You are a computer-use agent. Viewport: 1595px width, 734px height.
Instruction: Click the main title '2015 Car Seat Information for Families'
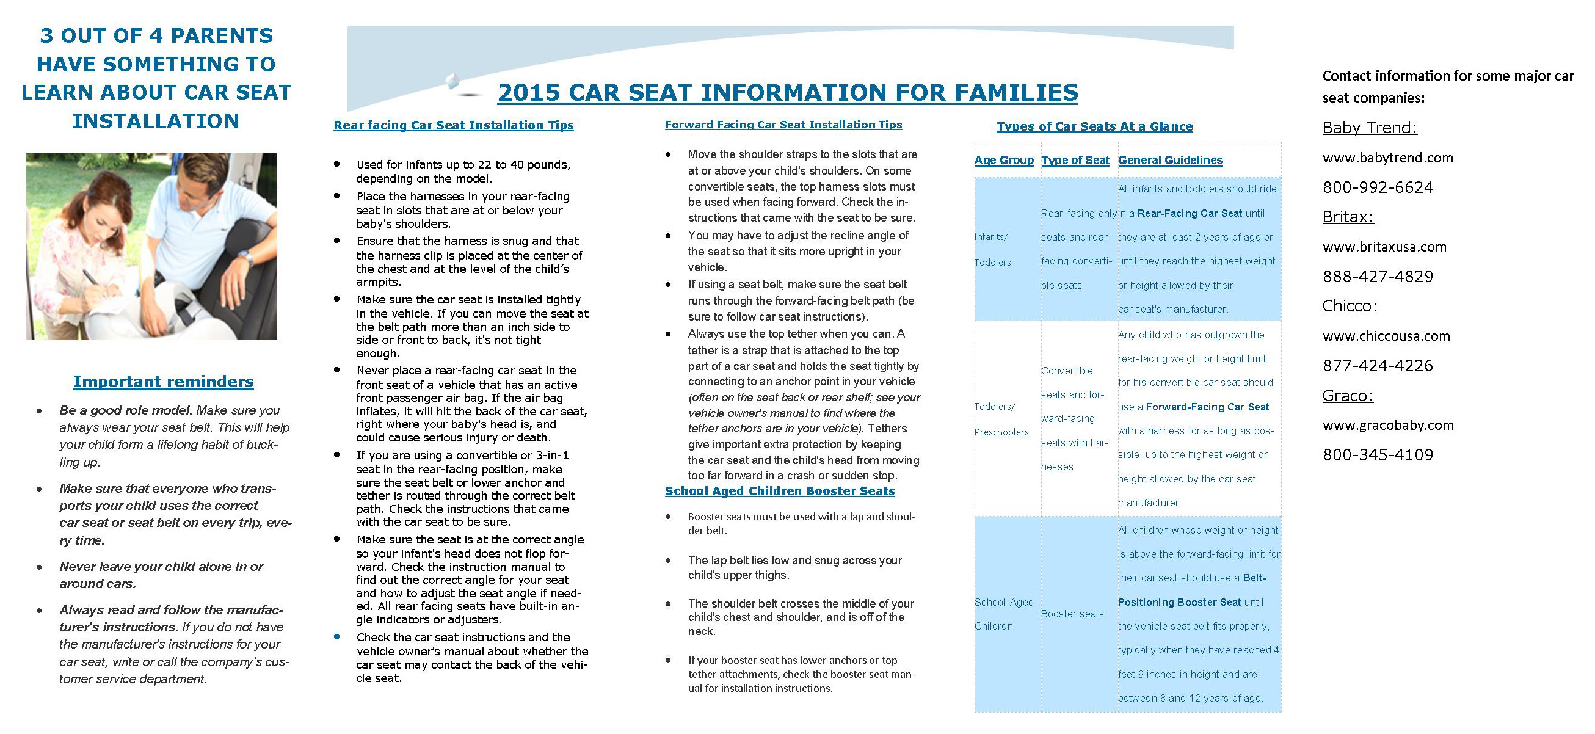click(788, 93)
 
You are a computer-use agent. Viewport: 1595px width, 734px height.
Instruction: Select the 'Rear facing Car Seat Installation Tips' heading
click(453, 125)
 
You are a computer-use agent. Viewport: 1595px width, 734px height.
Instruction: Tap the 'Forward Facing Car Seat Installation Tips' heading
click(783, 125)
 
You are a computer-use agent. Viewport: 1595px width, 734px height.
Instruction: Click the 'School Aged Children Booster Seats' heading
click(780, 491)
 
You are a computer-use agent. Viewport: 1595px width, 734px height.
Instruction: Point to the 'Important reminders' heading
click(164, 382)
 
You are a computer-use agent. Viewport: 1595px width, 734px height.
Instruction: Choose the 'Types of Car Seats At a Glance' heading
click(1094, 126)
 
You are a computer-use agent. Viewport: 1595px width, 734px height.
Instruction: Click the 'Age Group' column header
click(1004, 161)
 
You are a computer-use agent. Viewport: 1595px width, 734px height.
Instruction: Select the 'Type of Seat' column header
click(1075, 161)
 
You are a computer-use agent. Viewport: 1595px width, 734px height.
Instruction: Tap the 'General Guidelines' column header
click(1169, 161)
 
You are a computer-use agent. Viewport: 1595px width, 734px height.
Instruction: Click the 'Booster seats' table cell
click(1072, 614)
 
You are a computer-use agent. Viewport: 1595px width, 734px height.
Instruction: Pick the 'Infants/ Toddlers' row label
click(992, 249)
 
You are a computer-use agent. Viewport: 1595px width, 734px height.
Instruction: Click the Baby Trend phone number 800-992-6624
click(1378, 187)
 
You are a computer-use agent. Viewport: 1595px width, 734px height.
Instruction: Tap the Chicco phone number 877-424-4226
click(1378, 365)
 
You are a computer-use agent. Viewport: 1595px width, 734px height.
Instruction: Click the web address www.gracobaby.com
click(1388, 426)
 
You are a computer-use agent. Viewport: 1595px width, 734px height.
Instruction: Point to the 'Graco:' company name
click(1347, 396)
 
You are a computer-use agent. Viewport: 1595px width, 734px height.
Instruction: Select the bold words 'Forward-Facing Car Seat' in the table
click(1207, 407)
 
